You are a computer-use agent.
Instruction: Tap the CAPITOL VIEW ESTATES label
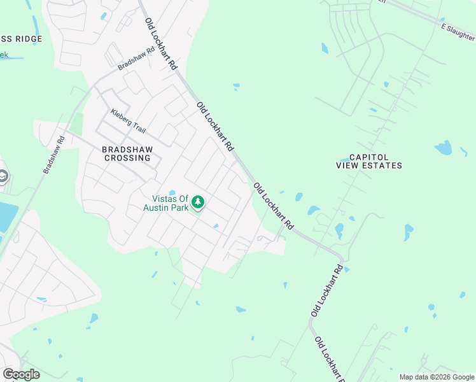pos(369,161)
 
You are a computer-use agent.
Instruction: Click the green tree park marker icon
pos(199,202)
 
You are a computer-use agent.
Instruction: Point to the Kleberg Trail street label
pos(128,122)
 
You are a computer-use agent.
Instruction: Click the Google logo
pos(21,374)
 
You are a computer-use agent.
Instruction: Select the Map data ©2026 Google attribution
pos(437,377)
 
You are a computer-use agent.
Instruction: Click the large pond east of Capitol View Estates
pos(443,148)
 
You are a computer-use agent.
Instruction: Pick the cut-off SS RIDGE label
pos(21,39)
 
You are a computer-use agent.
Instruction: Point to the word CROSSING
pos(127,158)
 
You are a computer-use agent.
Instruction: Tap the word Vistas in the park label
pos(162,199)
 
